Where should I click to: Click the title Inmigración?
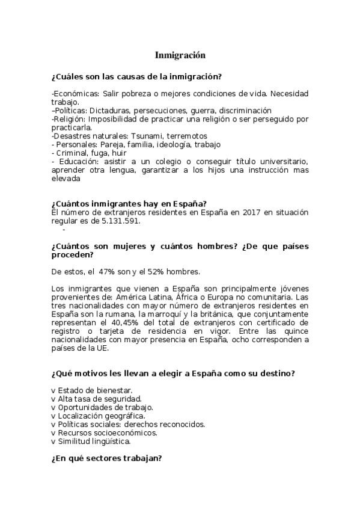180,55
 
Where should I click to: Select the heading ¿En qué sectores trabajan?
107,458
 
